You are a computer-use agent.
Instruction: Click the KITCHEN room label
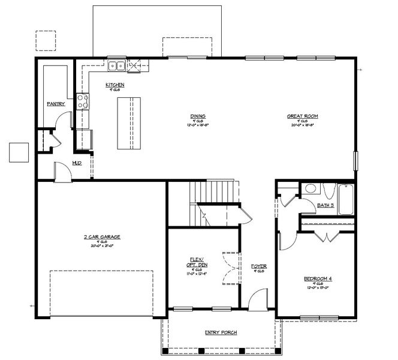(115, 85)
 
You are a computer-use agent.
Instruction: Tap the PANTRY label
(56, 104)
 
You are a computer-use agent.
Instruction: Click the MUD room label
(77, 163)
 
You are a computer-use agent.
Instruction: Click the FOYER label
(259, 266)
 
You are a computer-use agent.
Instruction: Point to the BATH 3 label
(325, 205)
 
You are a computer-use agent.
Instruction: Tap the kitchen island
(125, 124)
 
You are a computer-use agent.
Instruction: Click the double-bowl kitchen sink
(116, 65)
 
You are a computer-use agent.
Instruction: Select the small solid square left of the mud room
(19, 152)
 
